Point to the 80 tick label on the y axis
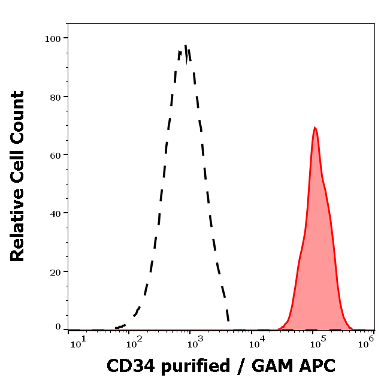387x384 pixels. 55,96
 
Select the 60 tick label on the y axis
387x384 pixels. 55,155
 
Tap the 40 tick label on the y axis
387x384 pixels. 55,213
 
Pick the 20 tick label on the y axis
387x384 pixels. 55,271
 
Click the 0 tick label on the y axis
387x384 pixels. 58,328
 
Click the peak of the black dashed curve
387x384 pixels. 186,47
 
